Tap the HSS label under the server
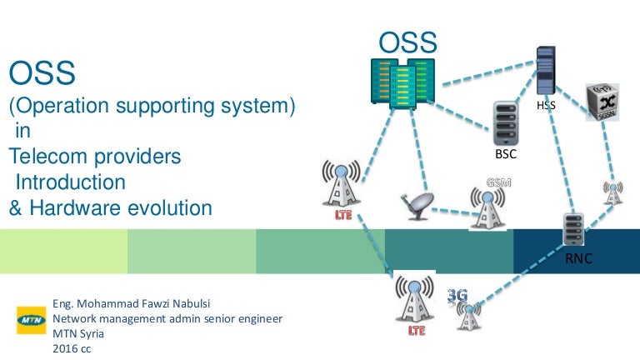[546, 107]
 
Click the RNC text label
[578, 259]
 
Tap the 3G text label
[457, 295]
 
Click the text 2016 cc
[72, 348]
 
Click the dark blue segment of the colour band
[576, 250]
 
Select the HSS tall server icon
[546, 70]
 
